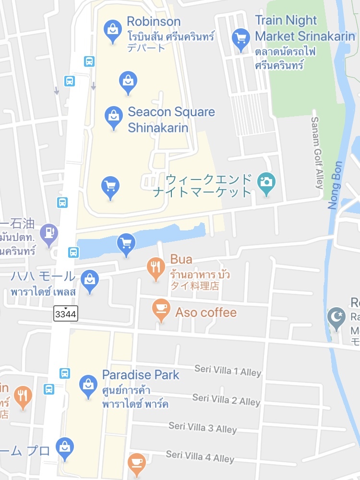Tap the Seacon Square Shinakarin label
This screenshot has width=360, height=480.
pos(171,120)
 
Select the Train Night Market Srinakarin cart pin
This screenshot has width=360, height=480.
pos(240,38)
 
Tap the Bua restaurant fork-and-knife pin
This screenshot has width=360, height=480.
pos(156,268)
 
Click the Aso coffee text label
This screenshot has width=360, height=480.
pos(206,312)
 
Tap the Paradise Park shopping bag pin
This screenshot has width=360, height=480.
pos(88,385)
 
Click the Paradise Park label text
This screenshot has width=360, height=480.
pos(141,375)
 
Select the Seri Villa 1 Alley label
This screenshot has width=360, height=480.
pos(228,370)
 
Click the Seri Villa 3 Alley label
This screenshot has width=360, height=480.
pos(203,427)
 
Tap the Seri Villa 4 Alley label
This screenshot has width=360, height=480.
pos(200,456)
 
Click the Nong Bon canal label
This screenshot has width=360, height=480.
pos(335,185)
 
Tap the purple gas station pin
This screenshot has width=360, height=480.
pos(49,234)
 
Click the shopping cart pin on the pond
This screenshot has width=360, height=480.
pos(126,244)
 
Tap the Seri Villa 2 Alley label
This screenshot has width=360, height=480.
pos(226,399)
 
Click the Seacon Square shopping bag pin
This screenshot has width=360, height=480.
pos(113,117)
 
